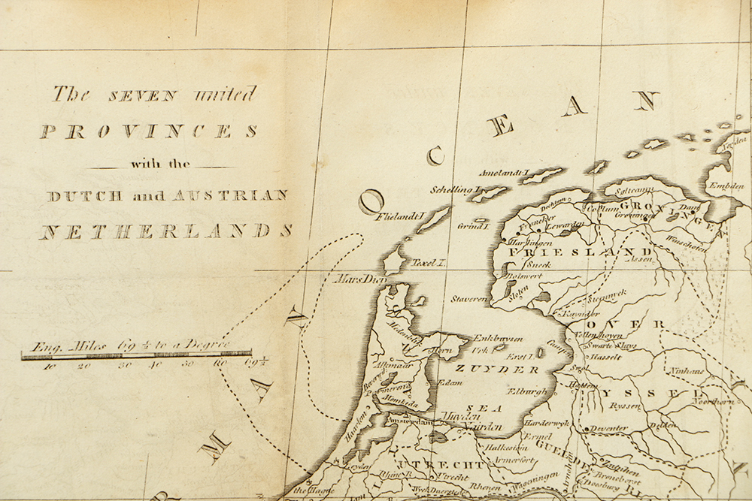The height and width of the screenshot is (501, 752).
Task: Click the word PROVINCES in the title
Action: coord(148,131)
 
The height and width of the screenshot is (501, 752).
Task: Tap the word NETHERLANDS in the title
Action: coord(165,231)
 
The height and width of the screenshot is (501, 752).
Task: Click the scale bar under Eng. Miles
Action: coord(136,355)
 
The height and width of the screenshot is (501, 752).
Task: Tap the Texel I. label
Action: coord(429,264)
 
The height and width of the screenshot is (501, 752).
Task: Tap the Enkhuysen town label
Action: coord(496,339)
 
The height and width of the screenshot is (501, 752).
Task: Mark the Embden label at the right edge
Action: coord(726,187)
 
